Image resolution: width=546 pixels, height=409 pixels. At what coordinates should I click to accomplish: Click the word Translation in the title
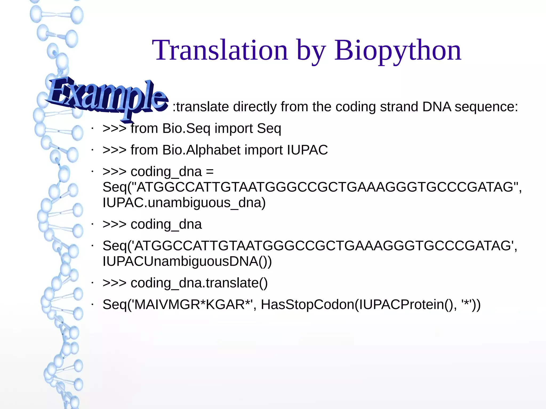(x=220, y=50)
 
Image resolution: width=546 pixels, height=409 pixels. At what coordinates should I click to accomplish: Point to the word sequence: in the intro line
(x=486, y=107)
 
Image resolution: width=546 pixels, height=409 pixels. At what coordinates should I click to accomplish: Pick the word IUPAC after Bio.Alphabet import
(x=307, y=150)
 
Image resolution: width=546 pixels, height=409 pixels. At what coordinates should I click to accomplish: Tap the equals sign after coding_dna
(x=210, y=172)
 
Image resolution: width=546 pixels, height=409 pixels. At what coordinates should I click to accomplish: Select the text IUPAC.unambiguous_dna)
(x=184, y=203)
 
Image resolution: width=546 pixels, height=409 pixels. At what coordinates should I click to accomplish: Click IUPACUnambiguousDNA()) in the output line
(x=187, y=261)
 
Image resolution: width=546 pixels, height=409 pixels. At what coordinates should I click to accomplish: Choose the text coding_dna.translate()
(x=199, y=283)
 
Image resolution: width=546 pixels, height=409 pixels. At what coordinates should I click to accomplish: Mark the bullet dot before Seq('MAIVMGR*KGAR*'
(x=92, y=305)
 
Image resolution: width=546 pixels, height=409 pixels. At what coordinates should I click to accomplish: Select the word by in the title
(x=311, y=50)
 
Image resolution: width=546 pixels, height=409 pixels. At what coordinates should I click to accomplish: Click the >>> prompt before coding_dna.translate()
(x=114, y=283)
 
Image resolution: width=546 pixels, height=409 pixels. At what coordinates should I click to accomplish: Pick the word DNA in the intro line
(x=436, y=107)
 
